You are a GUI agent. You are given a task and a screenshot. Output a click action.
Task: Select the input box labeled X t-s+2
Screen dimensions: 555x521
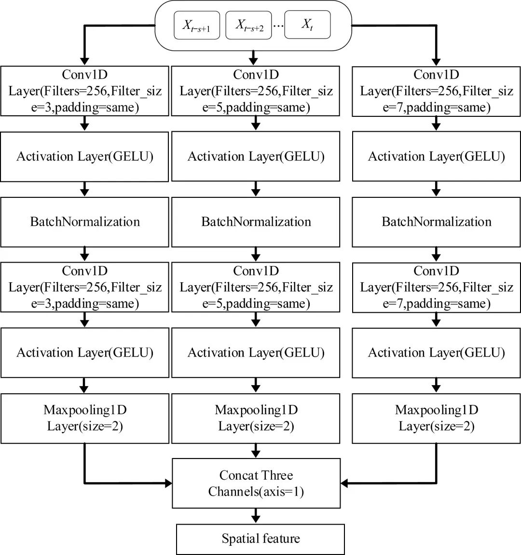coord(249,26)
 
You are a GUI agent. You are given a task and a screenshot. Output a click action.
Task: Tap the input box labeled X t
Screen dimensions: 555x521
coord(307,26)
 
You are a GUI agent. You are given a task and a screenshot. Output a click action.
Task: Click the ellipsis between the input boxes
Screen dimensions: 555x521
coord(278,27)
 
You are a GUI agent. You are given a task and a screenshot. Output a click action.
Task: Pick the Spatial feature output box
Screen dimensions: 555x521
coord(260,539)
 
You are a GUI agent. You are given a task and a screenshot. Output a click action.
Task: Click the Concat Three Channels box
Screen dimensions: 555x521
coord(256,483)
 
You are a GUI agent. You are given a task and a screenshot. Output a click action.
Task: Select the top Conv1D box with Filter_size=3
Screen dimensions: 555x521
coord(85,91)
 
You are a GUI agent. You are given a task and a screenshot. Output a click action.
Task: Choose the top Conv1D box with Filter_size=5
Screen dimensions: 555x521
coord(256,91)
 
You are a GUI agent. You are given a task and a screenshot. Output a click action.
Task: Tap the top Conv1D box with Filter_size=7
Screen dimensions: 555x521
coord(437,91)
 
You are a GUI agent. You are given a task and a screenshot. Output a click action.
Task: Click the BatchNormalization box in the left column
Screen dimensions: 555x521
coord(85,222)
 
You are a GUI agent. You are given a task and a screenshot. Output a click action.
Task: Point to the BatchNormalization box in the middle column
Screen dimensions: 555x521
coord(256,222)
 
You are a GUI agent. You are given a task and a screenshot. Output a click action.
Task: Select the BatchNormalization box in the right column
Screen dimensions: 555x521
coord(437,222)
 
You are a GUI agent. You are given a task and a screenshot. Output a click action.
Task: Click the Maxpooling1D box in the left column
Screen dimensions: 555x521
coord(85,418)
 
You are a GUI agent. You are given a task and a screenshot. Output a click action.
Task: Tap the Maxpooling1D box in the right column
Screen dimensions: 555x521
coord(437,418)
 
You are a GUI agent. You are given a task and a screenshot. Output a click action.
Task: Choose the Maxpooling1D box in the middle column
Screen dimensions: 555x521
coord(256,418)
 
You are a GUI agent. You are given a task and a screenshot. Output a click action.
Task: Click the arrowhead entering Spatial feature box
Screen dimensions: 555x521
coord(256,519)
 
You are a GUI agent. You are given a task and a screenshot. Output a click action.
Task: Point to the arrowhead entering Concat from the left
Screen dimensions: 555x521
coord(168,483)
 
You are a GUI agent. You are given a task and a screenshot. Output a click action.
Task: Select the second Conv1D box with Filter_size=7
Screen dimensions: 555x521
coord(437,287)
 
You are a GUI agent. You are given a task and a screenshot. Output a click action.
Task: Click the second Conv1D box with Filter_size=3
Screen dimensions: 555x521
coord(85,287)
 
